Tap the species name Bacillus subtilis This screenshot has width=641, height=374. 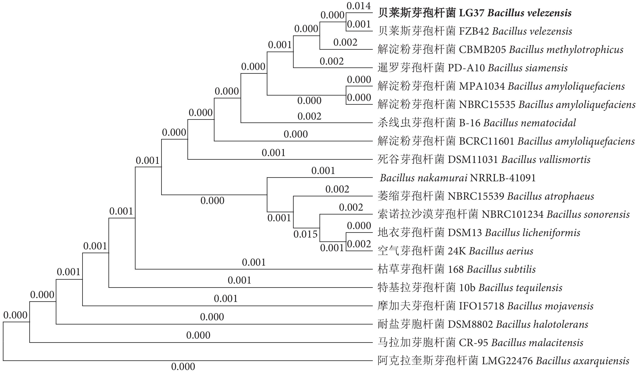click(501, 269)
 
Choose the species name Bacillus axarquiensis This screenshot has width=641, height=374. click(582, 361)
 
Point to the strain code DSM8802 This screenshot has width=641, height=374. click(470, 324)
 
